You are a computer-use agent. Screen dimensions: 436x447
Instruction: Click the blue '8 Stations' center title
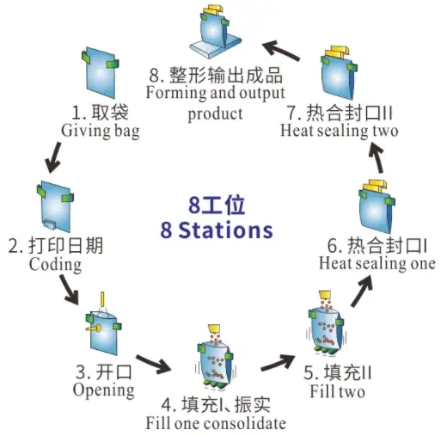217,230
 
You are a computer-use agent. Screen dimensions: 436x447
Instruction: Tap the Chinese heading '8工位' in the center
217,206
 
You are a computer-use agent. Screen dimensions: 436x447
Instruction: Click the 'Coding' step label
55,264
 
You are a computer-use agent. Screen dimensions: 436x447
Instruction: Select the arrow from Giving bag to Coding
52,155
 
